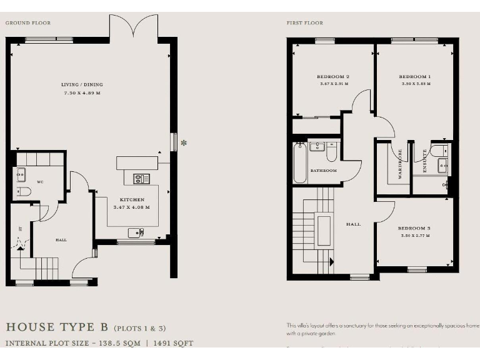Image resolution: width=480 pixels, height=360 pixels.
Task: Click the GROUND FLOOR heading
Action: tap(28, 23)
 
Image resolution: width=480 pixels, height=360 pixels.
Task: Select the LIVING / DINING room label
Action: tap(82, 84)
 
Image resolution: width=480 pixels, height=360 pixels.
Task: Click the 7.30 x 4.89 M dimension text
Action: tap(82, 92)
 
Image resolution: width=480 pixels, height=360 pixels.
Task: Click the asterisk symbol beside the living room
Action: tap(184, 143)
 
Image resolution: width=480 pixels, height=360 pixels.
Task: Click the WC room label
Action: tap(39, 182)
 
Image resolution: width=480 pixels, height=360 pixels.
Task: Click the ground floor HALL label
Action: tap(61, 239)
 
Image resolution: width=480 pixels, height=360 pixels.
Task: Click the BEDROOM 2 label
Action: tap(334, 77)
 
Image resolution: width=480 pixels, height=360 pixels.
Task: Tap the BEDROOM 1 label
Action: tap(415, 77)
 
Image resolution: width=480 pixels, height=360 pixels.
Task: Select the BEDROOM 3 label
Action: tap(415, 228)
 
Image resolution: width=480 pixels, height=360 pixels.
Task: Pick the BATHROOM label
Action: tap(324, 171)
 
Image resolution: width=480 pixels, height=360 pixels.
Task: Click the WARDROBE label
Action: tap(400, 164)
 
